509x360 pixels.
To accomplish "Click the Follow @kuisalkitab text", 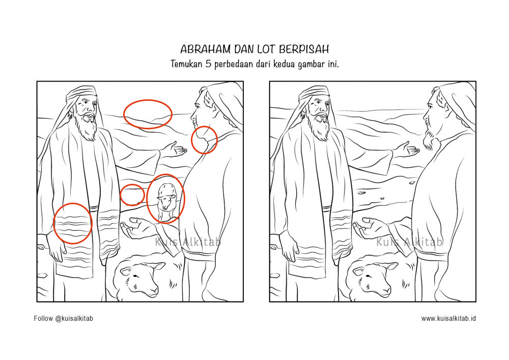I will pos(64,319).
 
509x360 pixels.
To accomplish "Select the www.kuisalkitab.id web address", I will pos(448,319).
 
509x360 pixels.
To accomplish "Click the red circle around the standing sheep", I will pos(166,199).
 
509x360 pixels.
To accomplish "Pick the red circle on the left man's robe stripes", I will pos(73,223).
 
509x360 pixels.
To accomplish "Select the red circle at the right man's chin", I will pos(204,140).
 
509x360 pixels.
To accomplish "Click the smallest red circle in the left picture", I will pos(132,195).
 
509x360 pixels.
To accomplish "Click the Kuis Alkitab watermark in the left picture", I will pos(188,242).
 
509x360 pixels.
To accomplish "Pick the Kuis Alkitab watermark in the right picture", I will pos(410,242).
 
